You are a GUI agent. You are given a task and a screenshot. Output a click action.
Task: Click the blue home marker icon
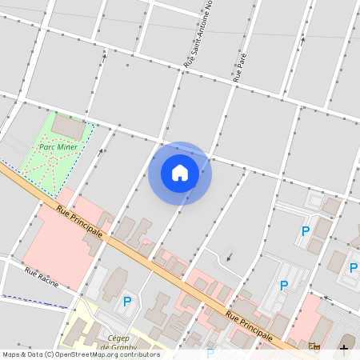pos(180,173)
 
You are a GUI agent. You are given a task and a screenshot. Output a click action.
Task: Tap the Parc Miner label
pos(58,147)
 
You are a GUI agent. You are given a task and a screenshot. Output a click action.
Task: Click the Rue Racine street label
pos(42,275)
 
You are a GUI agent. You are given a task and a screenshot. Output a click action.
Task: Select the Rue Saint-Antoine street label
pos(198,34)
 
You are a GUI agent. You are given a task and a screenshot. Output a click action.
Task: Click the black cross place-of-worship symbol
pos(344,347)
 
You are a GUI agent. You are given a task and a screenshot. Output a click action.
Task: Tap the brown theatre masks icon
pos(314,347)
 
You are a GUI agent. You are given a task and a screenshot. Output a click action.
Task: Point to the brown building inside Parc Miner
pos(68,127)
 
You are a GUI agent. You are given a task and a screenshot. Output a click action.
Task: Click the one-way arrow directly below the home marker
pos(230,257)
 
